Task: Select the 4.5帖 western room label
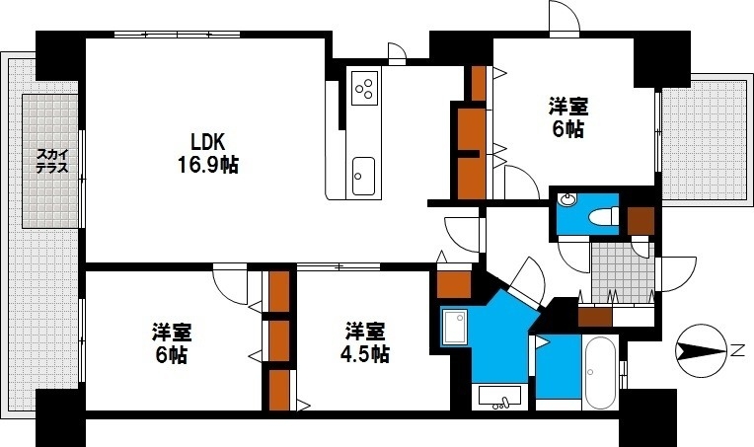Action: (x=366, y=340)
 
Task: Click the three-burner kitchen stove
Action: (x=363, y=86)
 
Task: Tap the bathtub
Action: (x=600, y=373)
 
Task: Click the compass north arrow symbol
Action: (x=702, y=350)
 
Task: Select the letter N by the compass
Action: (x=736, y=350)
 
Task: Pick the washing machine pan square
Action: (x=455, y=327)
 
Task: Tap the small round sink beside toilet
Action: (x=567, y=200)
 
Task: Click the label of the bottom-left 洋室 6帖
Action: (x=170, y=340)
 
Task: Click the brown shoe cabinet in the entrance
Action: (x=595, y=317)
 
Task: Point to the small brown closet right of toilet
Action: (x=641, y=221)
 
